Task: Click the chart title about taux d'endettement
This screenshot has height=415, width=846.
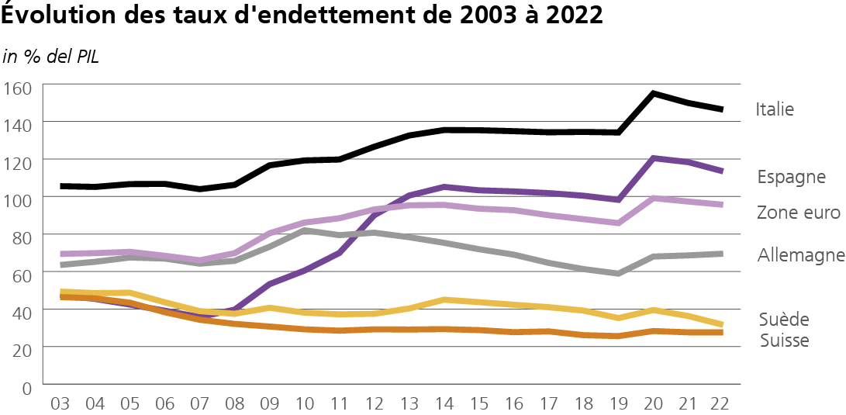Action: tap(302, 16)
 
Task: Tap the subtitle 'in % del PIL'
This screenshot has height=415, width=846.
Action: tap(51, 57)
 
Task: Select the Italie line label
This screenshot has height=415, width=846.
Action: tap(775, 109)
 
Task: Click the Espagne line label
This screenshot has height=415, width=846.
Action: tap(791, 177)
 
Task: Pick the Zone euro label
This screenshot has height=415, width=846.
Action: tap(798, 213)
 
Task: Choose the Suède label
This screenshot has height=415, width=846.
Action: tap(785, 320)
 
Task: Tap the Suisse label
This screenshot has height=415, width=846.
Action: tap(785, 341)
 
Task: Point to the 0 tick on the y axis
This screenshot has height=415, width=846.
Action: tap(26, 386)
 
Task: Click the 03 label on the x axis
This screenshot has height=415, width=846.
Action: tap(60, 404)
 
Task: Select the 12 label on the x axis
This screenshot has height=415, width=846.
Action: tap(375, 404)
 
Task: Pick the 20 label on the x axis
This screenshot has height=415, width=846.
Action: tap(653, 404)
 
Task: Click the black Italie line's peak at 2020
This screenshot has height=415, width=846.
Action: tap(654, 94)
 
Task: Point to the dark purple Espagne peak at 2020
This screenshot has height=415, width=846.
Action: tap(654, 158)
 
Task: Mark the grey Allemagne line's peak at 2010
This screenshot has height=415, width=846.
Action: tap(306, 231)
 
